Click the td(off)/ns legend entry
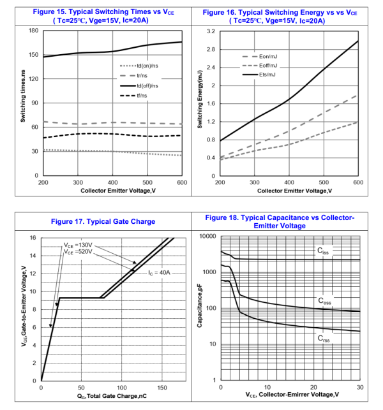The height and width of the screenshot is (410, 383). pos(147,85)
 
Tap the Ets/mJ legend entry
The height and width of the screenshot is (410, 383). pos(267,75)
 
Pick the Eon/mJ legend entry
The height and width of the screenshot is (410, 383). pos(267,57)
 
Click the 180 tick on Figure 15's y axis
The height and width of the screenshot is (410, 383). pos(34,31)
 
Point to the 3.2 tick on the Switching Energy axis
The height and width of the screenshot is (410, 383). pos(210,31)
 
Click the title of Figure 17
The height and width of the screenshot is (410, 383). pos(103,222)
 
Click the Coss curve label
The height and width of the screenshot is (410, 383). pos(326,300)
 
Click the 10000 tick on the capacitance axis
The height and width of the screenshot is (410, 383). pos(208,237)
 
